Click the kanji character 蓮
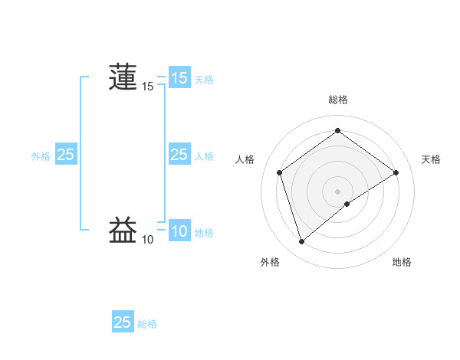click(123, 77)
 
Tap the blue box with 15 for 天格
click(179, 78)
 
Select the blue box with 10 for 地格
click(179, 231)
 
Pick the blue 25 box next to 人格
click(179, 155)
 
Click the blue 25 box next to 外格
click(65, 155)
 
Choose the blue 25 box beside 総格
click(123, 322)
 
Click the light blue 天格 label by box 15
click(204, 79)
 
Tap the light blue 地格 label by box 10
click(204, 232)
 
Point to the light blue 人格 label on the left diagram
click(204, 155)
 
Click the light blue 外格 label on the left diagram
click(41, 155)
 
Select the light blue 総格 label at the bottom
click(147, 324)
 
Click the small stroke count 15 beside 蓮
click(147, 87)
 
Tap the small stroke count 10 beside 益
click(147, 240)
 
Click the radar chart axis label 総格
click(338, 100)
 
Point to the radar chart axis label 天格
click(432, 159)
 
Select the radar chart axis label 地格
click(402, 262)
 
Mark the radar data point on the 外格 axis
click(301, 242)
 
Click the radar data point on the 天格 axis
click(396, 172)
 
